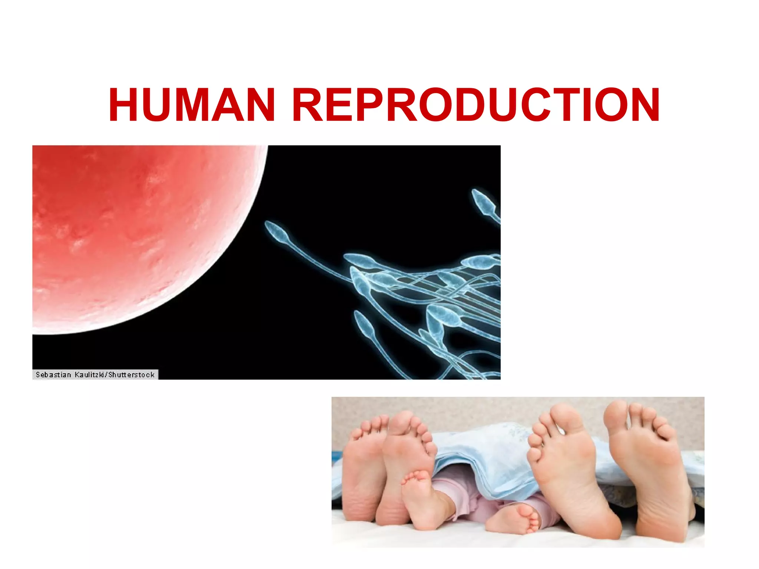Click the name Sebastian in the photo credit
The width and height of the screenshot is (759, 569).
coord(53,375)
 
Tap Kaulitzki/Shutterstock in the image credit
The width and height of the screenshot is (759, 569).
coord(115,375)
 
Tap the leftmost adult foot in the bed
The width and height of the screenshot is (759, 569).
coord(363,471)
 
